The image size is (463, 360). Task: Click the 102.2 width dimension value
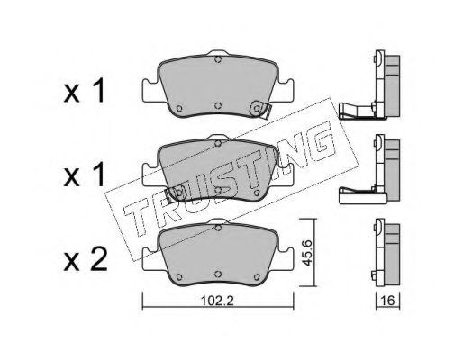[217, 301]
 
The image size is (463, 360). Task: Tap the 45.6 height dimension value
[307, 253]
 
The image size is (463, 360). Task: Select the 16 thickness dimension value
[388, 301]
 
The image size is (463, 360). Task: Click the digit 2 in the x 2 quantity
[97, 260]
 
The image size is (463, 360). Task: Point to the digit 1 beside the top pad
[98, 91]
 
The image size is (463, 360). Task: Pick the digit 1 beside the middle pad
[98, 175]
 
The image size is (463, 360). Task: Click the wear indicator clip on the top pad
[260, 109]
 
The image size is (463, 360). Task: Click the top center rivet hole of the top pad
[218, 59]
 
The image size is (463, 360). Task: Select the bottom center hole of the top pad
[218, 105]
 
